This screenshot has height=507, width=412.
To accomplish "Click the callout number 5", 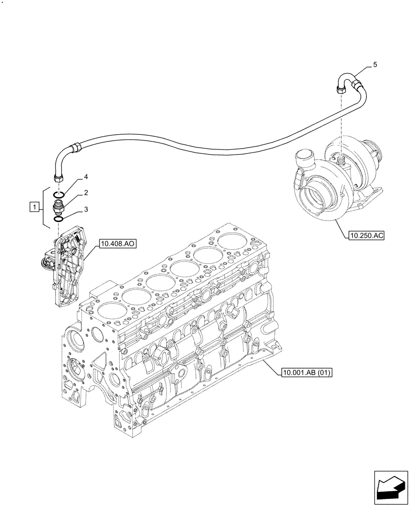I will tap(375, 64).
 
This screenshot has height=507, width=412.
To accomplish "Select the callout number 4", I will tap(86, 177).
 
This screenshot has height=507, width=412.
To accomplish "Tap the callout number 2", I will tap(86, 193).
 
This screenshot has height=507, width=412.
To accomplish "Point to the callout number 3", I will tap(86, 208).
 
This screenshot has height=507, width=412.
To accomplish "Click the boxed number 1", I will tap(34, 206).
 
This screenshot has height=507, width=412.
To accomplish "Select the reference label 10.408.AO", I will tap(118, 244).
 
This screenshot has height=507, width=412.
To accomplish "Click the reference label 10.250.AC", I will tap(366, 235).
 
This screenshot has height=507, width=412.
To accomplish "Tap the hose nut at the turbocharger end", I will tap(340, 90).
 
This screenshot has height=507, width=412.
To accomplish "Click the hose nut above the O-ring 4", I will tap(57, 177).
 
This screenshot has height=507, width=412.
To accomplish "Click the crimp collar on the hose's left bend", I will tap(76, 148).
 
